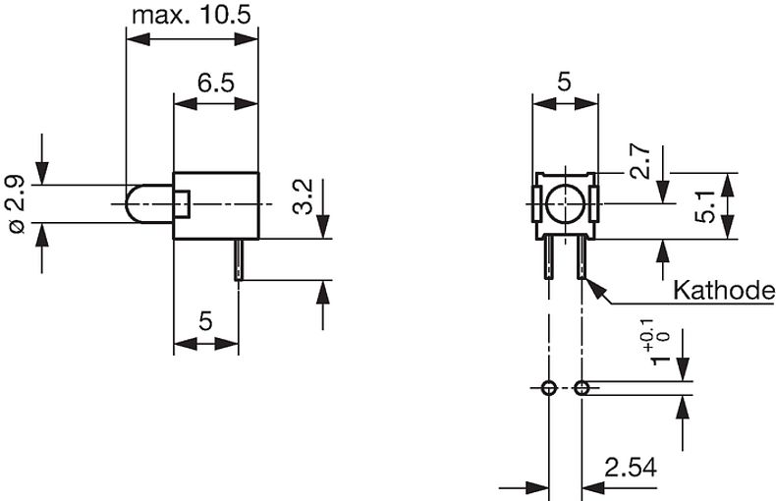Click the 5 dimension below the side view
(205, 321)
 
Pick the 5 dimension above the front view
(564, 83)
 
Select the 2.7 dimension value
(638, 159)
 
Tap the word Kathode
(723, 291)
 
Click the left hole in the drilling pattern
(548, 388)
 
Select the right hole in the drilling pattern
(582, 388)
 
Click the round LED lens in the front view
(565, 204)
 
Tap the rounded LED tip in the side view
(138, 204)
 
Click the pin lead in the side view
(238, 260)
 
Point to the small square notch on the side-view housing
(181, 204)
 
